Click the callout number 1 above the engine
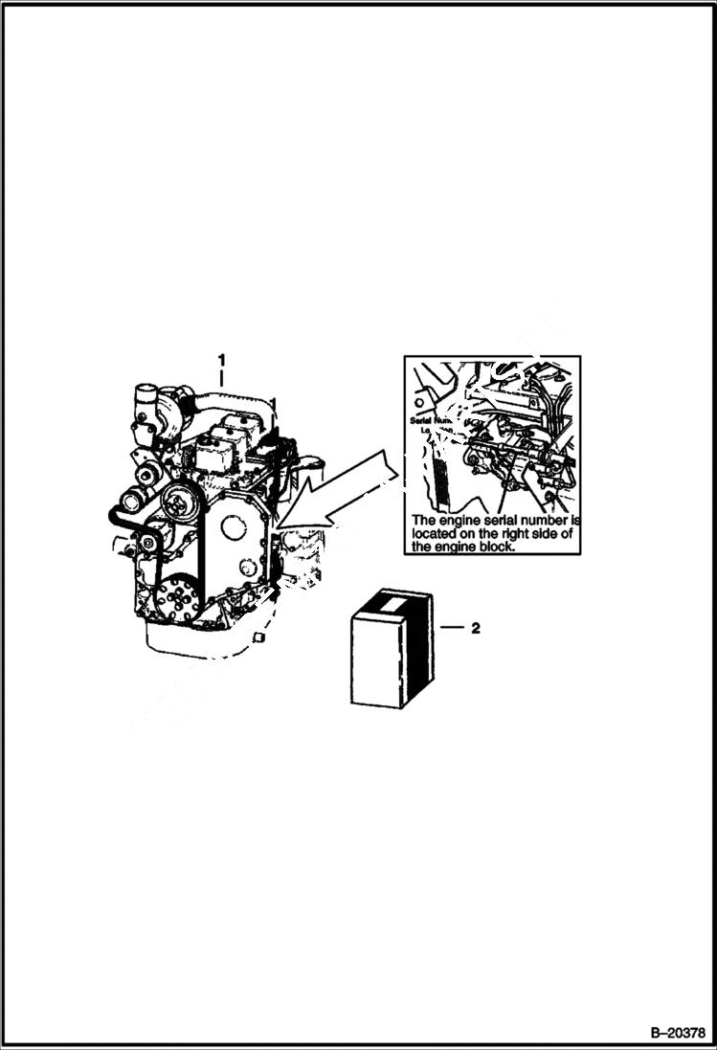pos(222,360)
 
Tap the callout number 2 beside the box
pos(474,629)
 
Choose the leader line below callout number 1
pos(222,377)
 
